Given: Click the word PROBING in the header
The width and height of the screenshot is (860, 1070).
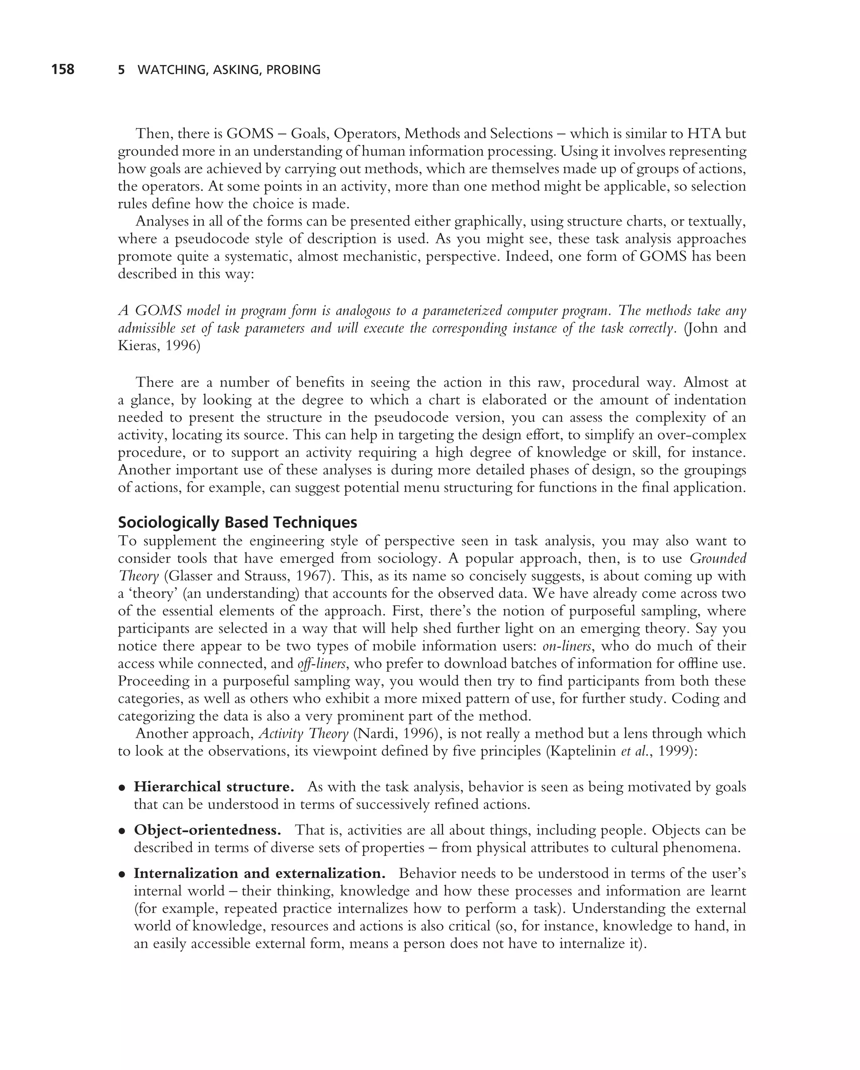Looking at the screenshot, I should click(x=293, y=70).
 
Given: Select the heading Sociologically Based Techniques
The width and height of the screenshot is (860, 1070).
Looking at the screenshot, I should click(x=237, y=522).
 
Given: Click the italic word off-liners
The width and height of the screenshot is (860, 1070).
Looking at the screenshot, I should click(x=322, y=663).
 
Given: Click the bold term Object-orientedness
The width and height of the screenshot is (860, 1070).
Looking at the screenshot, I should click(x=207, y=830).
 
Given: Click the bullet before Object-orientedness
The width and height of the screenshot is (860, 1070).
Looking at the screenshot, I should click(x=121, y=831).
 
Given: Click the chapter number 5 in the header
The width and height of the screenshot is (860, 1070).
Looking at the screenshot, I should click(x=121, y=70).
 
